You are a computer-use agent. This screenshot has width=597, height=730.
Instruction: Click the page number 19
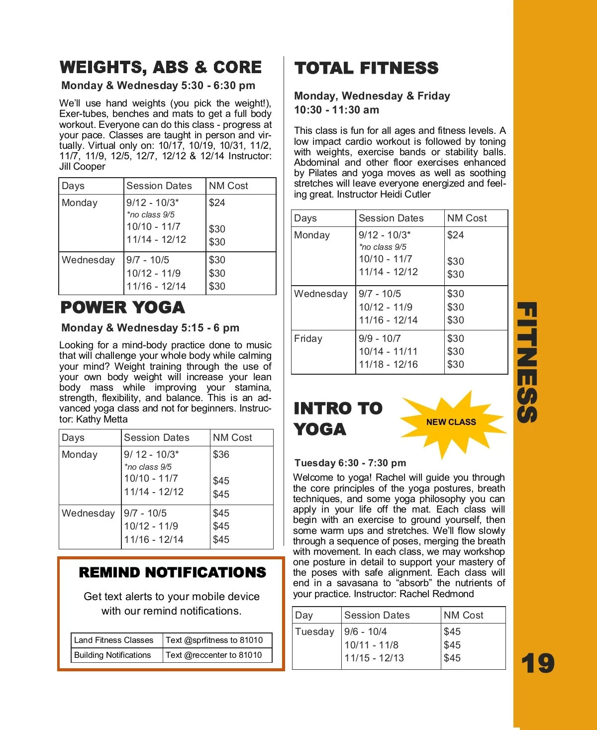coord(538,663)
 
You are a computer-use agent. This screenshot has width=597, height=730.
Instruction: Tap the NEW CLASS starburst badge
coord(451,422)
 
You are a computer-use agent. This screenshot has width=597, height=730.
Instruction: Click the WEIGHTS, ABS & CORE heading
coord(161,67)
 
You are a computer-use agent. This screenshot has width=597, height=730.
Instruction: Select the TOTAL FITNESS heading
coord(366,68)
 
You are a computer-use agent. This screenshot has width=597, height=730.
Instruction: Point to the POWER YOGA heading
coord(122,308)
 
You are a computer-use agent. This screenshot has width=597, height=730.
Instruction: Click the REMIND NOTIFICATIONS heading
coord(172,572)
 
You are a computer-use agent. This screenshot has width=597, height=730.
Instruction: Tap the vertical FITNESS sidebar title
coord(527,362)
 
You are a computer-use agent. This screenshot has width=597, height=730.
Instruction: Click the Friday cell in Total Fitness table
coord(308,338)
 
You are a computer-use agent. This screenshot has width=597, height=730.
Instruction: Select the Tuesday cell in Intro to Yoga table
coord(314,631)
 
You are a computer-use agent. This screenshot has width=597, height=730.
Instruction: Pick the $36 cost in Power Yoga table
coord(221,454)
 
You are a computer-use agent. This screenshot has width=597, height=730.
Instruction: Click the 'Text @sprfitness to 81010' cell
coord(214,640)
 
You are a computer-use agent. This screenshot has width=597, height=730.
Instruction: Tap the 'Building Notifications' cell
coord(112,655)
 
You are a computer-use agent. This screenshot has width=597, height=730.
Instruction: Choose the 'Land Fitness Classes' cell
coord(113,640)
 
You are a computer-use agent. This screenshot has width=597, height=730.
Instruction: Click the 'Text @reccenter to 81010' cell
coord(213,655)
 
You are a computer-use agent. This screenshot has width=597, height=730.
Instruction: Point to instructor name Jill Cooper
coord(82,167)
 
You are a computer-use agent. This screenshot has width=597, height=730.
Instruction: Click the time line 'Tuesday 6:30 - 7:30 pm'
coord(350,463)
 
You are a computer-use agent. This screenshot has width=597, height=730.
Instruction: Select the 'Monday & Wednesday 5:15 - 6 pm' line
coord(150,328)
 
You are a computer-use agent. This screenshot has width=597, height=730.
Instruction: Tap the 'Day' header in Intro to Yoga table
coord(304,615)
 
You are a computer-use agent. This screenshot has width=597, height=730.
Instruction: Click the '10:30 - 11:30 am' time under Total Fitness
coord(336,110)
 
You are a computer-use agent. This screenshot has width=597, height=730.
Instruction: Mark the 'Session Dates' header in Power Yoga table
coord(157,437)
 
